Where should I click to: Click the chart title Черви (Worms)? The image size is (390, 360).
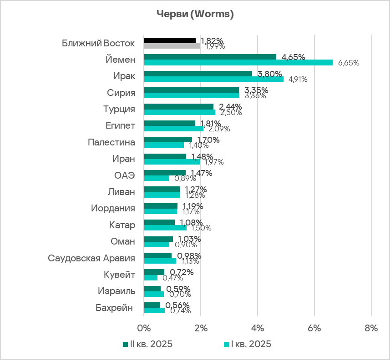click(195, 15)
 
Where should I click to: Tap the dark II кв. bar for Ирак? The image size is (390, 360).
click(198, 74)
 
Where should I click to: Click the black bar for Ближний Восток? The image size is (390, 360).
click(170, 40)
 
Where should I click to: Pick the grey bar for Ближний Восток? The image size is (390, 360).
click(172, 46)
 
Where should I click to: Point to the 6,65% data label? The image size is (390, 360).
click(349, 63)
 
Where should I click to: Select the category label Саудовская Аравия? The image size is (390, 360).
click(91, 258)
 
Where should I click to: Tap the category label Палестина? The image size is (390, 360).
click(111, 142)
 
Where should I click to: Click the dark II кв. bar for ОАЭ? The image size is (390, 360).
click(165, 173)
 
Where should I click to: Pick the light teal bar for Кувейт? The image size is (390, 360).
click(151, 278)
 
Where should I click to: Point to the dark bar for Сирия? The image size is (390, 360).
click(192, 90)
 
